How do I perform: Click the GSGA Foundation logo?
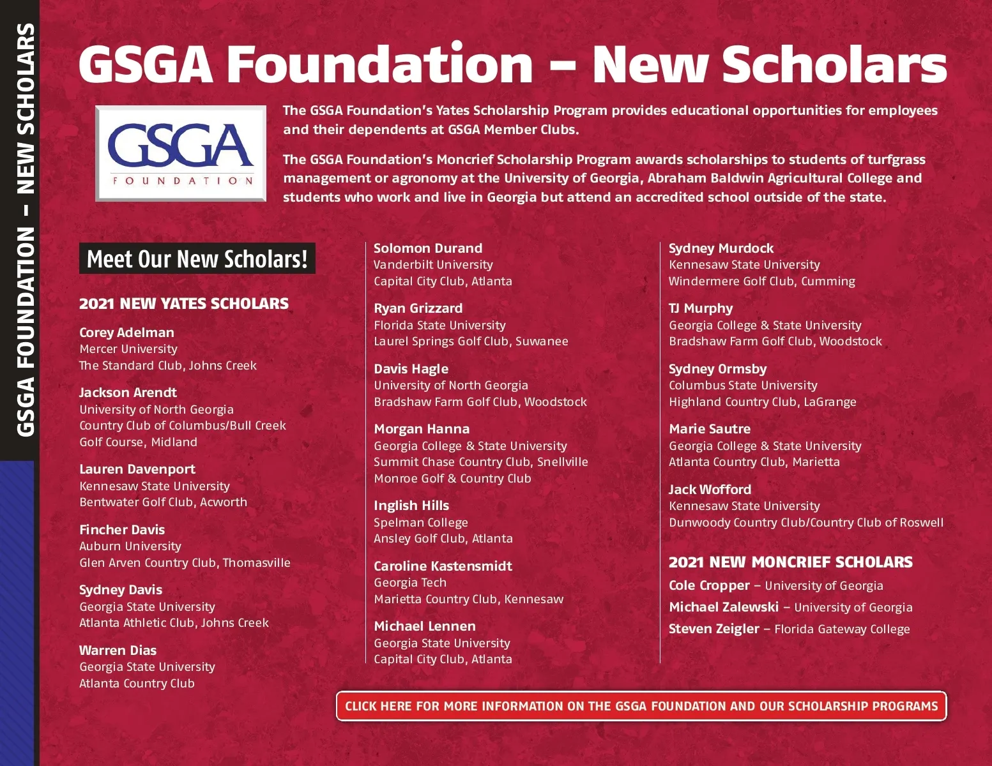[x=181, y=153]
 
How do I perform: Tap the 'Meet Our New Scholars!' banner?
[x=197, y=259]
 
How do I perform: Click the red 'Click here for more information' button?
[x=641, y=706]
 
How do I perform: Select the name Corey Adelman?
[x=126, y=332]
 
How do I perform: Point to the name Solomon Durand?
[x=428, y=248]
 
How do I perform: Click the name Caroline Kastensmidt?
[x=443, y=566]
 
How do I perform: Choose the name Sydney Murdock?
[x=721, y=248]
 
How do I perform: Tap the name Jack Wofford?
[x=710, y=490]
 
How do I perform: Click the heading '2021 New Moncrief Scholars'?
[x=790, y=562]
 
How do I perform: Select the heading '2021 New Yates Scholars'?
[x=184, y=303]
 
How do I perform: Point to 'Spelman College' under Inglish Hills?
[x=420, y=522]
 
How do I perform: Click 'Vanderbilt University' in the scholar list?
[x=433, y=264]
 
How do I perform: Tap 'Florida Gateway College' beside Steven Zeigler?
[x=842, y=629]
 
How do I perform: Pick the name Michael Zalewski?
[x=723, y=607]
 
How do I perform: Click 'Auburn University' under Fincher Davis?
[x=130, y=546]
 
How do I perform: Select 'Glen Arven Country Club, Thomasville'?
[x=185, y=562]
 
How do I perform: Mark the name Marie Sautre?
[x=710, y=429]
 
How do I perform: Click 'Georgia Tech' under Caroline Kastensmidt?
[x=410, y=582]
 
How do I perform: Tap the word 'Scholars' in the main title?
[x=834, y=64]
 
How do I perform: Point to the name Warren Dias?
[x=118, y=650]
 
